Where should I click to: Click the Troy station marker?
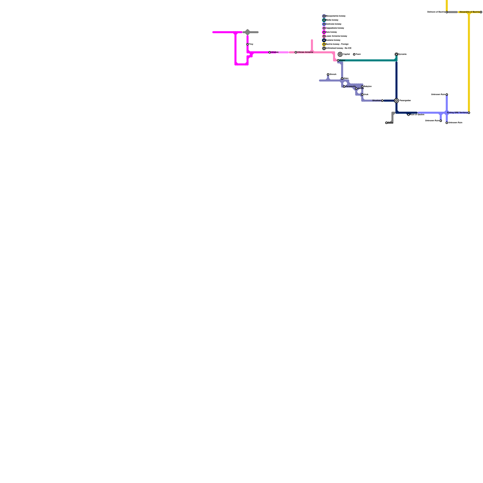pos(248,44)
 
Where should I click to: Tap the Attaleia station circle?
pos(270,53)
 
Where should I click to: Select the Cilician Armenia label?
pos(305,52)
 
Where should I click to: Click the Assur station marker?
pos(338,60)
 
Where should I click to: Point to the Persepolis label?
pos(350,87)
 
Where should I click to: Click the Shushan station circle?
pos(382,101)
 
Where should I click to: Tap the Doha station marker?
pos(386,123)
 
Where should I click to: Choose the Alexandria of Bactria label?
pos(469,12)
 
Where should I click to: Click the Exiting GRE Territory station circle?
pos(469,113)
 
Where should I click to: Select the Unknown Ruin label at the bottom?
pos(455,123)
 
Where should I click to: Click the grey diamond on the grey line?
pos(248,32)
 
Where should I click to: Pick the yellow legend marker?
pos(324,44)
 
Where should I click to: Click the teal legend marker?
pos(324,20)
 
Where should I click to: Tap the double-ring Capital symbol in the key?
pos(340,54)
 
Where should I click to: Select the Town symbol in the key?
pos(354,54)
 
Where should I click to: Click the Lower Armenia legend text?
pos(336,36)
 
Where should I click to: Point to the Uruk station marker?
pos(362,94)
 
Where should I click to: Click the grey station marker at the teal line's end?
pos(396,54)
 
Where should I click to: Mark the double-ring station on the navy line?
pos(396,101)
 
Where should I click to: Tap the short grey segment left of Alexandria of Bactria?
pos(453,12)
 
